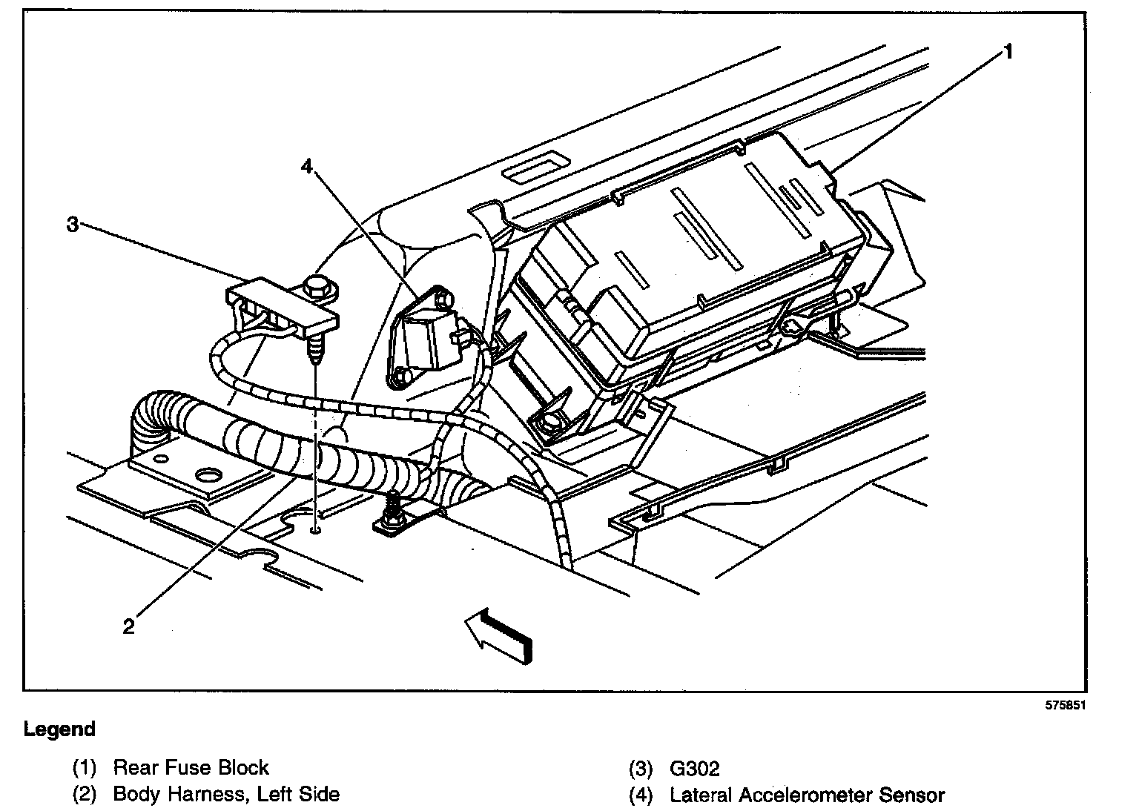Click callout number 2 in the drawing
pyautogui.click(x=128, y=627)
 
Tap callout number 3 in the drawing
pyautogui.click(x=73, y=224)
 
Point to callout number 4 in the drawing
pyautogui.click(x=307, y=167)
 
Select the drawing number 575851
pyautogui.click(x=1064, y=706)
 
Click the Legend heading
pyautogui.click(x=59, y=729)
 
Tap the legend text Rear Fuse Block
pyautogui.click(x=191, y=767)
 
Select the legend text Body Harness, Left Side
pyautogui.click(x=226, y=795)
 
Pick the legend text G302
pyautogui.click(x=694, y=769)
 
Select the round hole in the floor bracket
pyautogui.click(x=209, y=474)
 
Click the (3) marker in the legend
pyautogui.click(x=641, y=769)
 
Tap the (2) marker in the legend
pyautogui.click(x=85, y=795)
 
